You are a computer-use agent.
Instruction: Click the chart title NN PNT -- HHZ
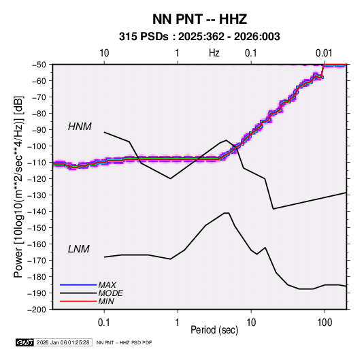199,19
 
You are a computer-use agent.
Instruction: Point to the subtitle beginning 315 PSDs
199,37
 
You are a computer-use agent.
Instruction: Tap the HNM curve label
80,127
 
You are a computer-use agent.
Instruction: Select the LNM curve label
79,249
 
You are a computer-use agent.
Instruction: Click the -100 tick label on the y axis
37,146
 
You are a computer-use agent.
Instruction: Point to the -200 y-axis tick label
37,310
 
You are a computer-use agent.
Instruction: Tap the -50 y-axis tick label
39,65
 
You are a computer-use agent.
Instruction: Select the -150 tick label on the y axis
37,227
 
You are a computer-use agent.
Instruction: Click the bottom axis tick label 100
325,322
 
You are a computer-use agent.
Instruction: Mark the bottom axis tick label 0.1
104,322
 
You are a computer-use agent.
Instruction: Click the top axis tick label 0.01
324,53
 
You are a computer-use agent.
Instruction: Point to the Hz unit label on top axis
214,53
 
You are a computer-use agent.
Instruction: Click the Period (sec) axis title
214,330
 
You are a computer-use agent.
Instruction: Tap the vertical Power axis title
18,187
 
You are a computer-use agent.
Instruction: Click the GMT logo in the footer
24,342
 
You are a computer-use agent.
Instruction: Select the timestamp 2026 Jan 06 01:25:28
63,342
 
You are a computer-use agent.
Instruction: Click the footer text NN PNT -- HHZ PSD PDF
124,342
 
